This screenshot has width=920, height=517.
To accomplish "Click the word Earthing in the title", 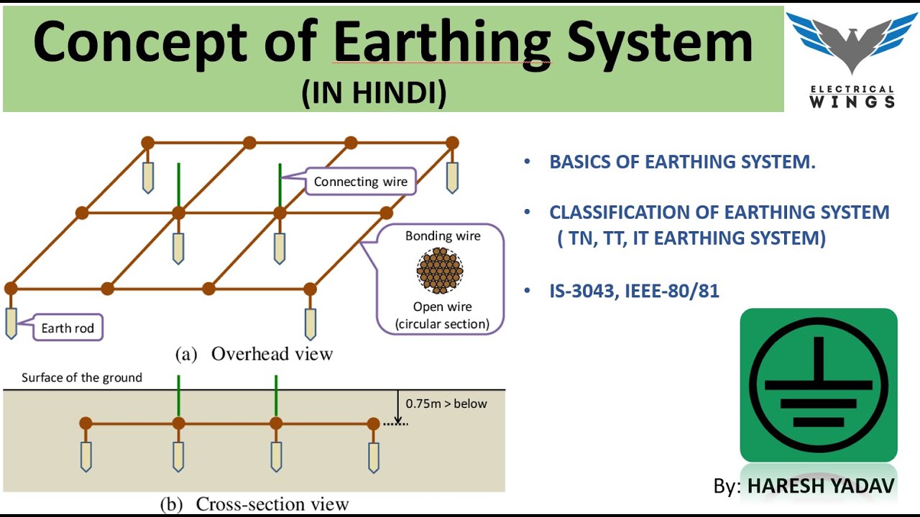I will (x=441, y=43).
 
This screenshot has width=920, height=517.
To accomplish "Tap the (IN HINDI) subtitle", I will (x=374, y=93).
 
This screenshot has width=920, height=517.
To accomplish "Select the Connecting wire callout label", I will (x=360, y=182).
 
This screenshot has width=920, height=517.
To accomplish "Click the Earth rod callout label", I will (x=68, y=328).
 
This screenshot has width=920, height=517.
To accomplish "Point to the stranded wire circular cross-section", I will (x=440, y=271).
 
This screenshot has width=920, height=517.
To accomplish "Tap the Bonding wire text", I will (x=443, y=236).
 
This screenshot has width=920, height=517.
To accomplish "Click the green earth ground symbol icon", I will (x=819, y=385).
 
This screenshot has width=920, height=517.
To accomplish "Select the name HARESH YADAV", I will (x=821, y=486).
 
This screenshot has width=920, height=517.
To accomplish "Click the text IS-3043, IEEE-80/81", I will (x=634, y=291).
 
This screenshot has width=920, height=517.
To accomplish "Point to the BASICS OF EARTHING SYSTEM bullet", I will (x=682, y=162).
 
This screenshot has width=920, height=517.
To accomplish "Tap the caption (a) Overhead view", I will (x=254, y=354).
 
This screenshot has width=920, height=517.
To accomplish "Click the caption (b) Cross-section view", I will (x=254, y=504).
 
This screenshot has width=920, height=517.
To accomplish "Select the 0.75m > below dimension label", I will (x=446, y=404).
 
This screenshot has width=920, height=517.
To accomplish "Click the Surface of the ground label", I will (x=82, y=378).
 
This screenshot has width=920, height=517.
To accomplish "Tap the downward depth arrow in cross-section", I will (x=397, y=407).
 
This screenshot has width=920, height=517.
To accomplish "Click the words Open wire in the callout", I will (x=442, y=307).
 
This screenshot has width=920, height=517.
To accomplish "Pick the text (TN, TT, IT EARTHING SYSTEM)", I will (x=691, y=238).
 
